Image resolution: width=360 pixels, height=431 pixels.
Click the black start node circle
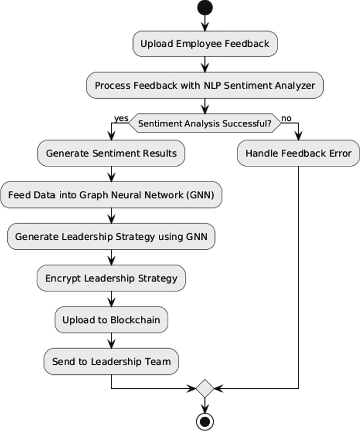point(205,7)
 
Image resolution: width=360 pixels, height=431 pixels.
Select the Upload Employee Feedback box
point(205,44)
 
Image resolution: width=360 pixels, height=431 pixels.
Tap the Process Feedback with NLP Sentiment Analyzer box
point(205,85)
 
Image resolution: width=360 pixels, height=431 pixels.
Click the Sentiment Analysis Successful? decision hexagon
point(205,123)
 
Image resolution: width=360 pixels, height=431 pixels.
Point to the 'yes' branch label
point(121,118)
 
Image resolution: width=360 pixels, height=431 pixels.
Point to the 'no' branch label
point(286,118)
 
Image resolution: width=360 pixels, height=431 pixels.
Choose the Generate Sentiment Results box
point(111,153)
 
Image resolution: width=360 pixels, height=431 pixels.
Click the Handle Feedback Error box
point(298,153)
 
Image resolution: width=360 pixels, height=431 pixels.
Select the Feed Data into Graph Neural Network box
point(111,195)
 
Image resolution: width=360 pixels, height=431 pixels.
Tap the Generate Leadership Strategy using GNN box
point(111,236)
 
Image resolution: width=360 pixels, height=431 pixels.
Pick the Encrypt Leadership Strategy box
point(111,278)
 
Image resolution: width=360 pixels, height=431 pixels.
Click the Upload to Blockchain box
point(111,320)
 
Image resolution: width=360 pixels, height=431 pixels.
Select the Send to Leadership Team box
point(111,362)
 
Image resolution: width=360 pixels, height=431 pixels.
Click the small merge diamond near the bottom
point(205,389)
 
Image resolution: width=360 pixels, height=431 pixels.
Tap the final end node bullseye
point(205,422)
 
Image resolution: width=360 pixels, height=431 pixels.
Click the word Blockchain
point(135,320)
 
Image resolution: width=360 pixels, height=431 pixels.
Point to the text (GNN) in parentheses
point(200,195)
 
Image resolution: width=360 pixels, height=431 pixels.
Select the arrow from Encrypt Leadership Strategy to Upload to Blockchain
point(111,299)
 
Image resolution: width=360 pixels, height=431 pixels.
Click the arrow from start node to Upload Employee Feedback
point(205,23)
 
